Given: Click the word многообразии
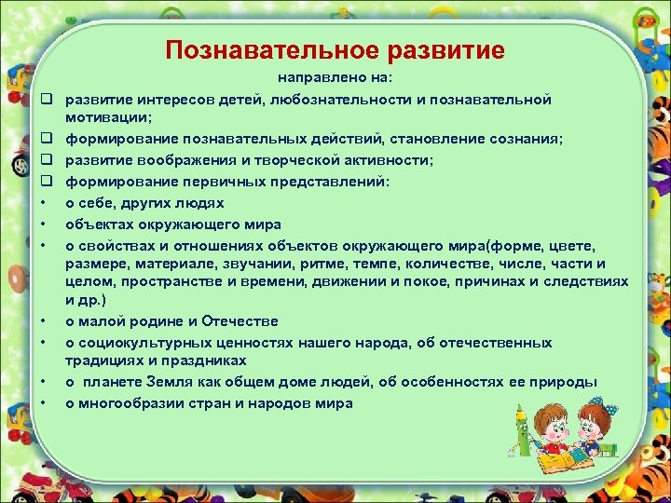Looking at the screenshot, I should click(133, 403).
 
